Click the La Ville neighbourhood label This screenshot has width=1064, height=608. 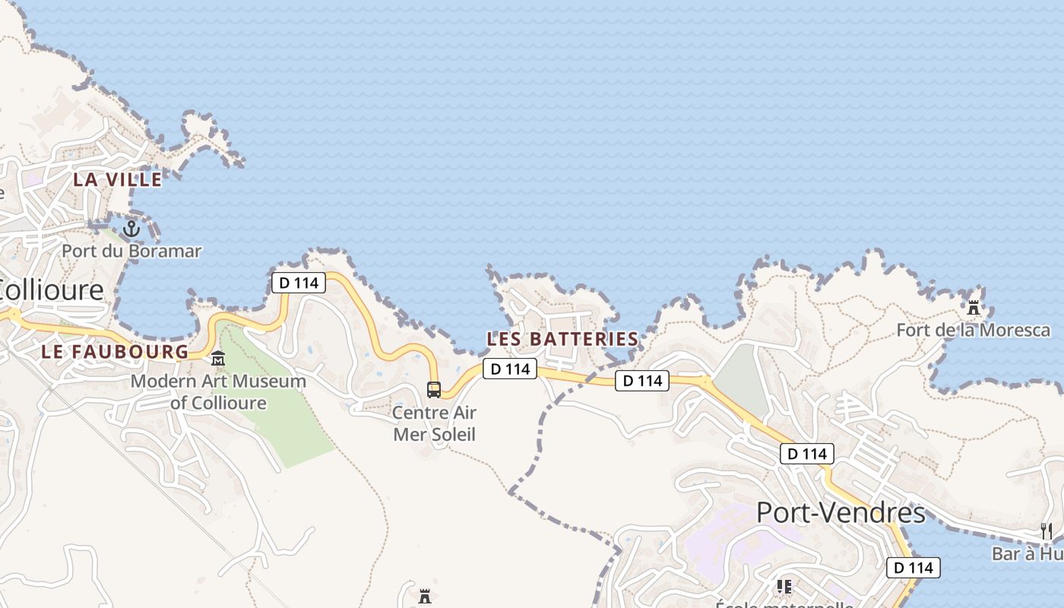coord(118,179)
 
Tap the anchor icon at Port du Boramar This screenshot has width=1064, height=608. coord(131,227)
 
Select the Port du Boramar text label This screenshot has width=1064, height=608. coord(131,251)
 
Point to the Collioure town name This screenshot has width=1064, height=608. coord(52,290)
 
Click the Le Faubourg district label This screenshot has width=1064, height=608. coord(115,351)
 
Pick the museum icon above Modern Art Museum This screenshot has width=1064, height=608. coord(218,358)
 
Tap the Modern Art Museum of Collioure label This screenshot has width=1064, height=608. coord(218,391)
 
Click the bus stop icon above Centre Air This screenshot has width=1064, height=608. coord(434,389)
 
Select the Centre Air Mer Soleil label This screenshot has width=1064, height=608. coord(434,423)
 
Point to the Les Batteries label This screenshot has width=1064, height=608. coord(562,338)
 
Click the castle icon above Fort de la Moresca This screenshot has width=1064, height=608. coord(973,308)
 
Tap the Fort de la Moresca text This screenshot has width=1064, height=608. coord(973,330)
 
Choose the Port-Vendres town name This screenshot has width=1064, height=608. coord(841,513)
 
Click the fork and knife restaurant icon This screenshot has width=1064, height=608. coord(1047,530)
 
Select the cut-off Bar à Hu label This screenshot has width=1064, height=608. coord(1028,553)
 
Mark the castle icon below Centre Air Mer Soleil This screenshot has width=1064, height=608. coord(425,597)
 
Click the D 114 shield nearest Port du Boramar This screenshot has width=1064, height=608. coord(299,283)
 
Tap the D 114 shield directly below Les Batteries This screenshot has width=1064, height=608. coord(510,369)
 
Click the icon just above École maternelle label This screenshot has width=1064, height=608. coord(784,587)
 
